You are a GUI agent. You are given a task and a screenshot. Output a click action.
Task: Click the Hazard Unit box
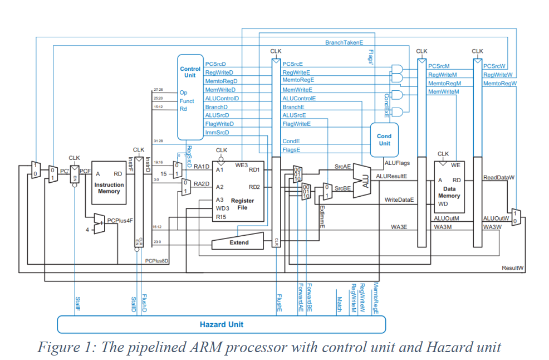point(222,324)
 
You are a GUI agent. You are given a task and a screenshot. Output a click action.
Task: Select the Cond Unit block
point(384,139)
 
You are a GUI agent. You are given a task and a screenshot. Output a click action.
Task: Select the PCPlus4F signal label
point(120,220)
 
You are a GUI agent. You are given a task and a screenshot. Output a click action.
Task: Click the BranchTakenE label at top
point(343,42)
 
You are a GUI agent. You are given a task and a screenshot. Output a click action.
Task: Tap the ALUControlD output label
point(222,98)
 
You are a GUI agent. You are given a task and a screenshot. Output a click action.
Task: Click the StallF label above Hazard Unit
point(77,304)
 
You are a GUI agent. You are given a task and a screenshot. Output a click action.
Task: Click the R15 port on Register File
point(220,217)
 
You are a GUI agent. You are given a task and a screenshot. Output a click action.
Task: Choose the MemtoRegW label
point(499,84)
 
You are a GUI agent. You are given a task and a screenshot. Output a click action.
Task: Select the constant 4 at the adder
point(87,228)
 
